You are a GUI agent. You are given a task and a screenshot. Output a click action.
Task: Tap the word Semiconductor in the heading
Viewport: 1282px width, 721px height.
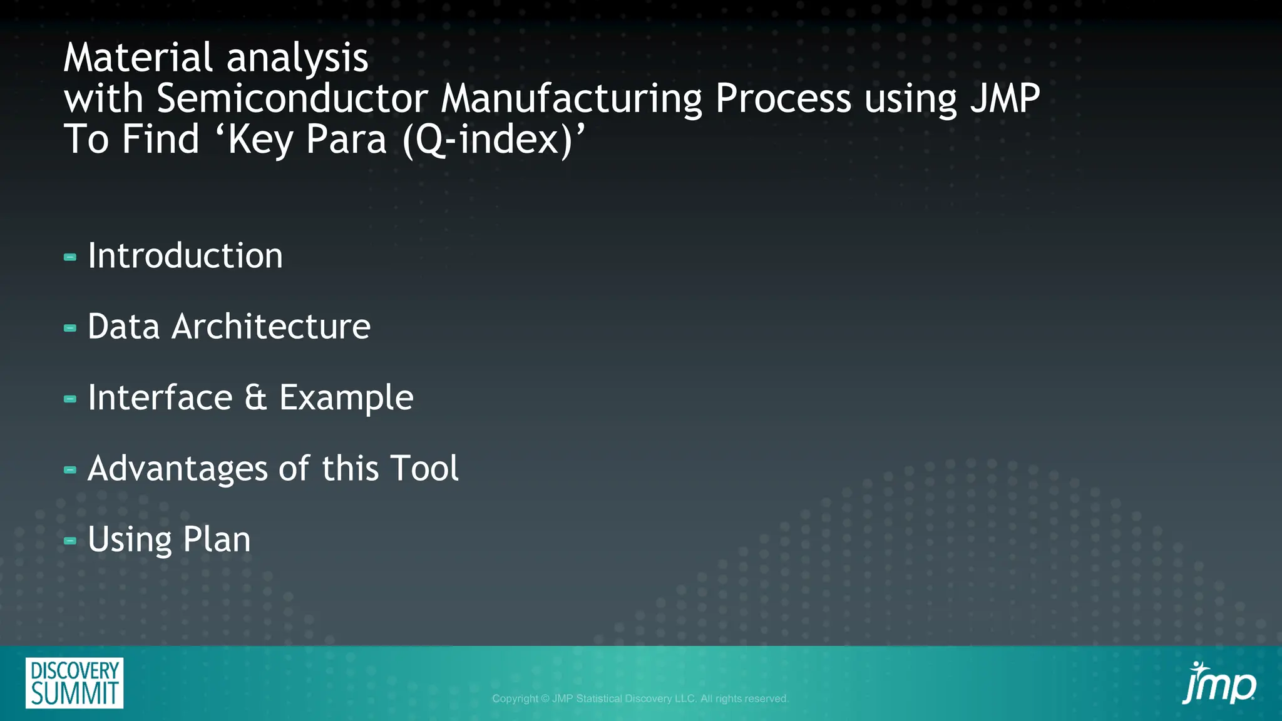point(292,99)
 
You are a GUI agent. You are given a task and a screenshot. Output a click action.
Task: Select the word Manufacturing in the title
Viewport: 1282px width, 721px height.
point(572,99)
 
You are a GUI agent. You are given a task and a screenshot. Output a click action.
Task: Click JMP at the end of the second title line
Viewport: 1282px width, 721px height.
point(1005,99)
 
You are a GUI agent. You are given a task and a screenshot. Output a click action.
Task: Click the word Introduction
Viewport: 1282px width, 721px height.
point(185,256)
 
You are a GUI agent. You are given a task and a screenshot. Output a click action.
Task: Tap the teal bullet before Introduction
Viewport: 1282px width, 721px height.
point(70,257)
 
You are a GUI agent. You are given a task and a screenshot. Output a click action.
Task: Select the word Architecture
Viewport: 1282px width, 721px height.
point(271,327)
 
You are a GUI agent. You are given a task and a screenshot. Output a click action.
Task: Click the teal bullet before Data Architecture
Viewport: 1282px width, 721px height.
point(70,328)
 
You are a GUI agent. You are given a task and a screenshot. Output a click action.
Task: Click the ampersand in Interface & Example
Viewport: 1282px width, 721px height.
point(255,398)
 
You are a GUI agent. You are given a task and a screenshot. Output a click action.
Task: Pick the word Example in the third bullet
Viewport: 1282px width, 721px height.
point(346,398)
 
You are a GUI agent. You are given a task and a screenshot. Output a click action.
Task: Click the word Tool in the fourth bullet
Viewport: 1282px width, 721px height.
point(424,469)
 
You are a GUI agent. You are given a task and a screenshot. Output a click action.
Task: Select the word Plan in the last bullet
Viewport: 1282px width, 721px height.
point(217,539)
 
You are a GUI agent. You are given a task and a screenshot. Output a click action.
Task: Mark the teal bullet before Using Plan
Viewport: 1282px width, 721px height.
point(70,541)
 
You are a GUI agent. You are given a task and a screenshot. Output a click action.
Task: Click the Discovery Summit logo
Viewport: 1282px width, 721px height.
point(74,683)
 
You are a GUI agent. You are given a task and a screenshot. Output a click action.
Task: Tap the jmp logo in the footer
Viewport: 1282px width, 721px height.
point(1218,683)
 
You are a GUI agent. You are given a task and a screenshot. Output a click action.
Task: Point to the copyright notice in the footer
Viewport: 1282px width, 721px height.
point(640,698)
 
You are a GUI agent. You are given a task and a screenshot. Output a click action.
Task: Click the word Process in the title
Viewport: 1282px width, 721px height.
point(783,99)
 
